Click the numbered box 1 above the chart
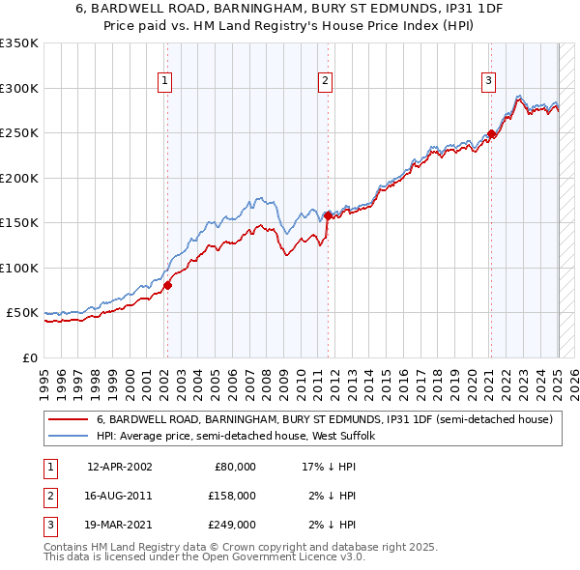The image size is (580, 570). tap(166, 81)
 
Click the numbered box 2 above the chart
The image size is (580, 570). tap(326, 81)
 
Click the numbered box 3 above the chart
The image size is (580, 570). tap(489, 81)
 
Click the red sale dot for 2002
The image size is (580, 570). tap(167, 285)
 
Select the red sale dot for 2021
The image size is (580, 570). tap(491, 134)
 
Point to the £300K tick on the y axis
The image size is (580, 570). tap(18, 88)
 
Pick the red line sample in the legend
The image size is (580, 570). tap(68, 420)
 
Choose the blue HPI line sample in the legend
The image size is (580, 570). tap(68, 437)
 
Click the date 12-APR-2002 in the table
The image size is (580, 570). tap(119, 467)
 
